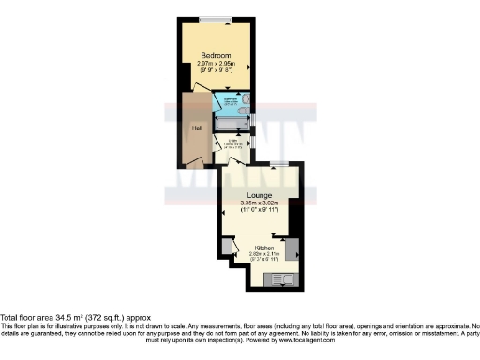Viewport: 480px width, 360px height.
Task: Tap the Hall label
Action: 197,128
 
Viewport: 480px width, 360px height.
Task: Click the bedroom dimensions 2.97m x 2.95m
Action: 219,63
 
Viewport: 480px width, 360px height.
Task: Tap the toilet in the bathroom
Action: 245,98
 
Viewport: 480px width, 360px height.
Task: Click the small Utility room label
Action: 232,142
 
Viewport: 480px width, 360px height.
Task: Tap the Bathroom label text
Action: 229,97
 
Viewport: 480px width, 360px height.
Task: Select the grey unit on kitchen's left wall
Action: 227,247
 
